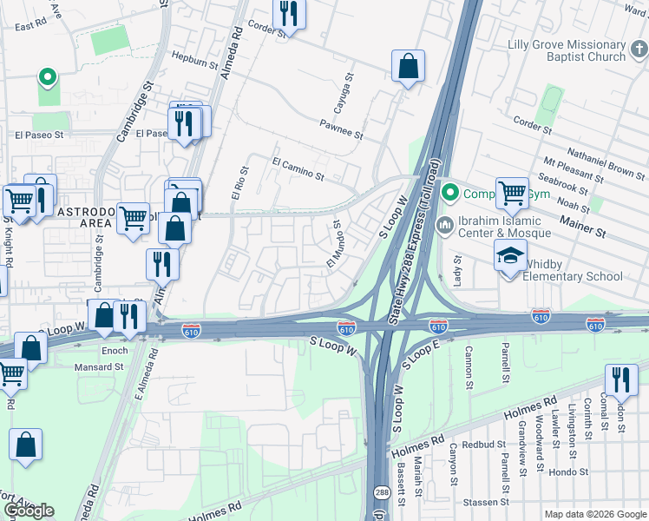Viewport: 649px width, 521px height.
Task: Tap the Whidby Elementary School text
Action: [x=574, y=276]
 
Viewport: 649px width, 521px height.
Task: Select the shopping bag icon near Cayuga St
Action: [x=407, y=66]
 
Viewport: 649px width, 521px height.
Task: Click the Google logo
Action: [x=29, y=511]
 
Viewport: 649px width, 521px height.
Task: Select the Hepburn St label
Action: [x=195, y=63]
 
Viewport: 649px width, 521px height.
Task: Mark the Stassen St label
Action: [x=485, y=502]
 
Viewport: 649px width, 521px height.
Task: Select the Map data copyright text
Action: [x=594, y=514]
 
